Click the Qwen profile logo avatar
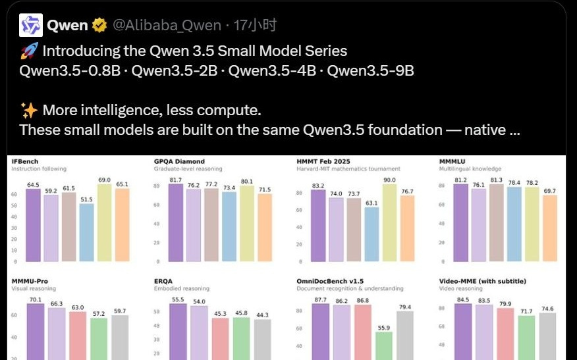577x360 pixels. click(x=30, y=26)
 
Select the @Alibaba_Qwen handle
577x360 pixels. click(x=167, y=26)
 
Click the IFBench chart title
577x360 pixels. click(x=26, y=161)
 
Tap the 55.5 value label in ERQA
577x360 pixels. click(x=178, y=299)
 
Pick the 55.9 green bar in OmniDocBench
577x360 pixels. click(x=384, y=346)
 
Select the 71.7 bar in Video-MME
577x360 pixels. click(x=526, y=338)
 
